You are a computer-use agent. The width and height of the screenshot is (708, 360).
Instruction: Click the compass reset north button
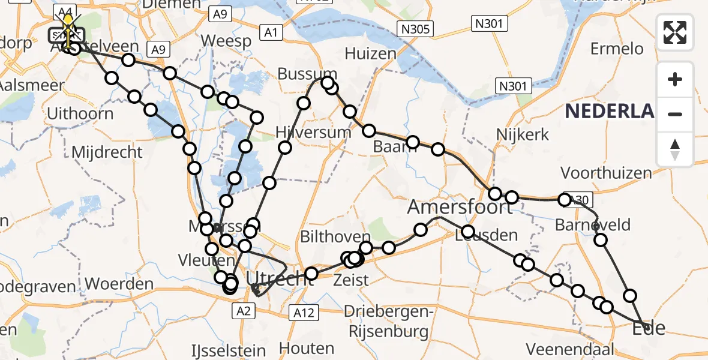pyautogui.click(x=675, y=149)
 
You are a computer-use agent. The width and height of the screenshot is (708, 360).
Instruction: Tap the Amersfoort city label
pyautogui.click(x=461, y=208)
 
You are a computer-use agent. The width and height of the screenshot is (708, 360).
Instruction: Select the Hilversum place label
pyautogui.click(x=313, y=132)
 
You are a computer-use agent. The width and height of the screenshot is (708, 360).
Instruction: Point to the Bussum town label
pyautogui.click(x=307, y=74)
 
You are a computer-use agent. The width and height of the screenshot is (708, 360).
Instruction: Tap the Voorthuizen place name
pyautogui.click(x=606, y=173)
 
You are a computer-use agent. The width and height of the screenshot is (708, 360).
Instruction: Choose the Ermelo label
pyautogui.click(x=617, y=49)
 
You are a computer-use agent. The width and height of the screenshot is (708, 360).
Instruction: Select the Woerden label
pyautogui.click(x=119, y=283)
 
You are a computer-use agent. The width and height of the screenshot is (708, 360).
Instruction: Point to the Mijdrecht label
pyautogui.click(x=107, y=152)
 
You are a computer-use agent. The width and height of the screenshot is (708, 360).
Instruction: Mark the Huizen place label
pyautogui.click(x=371, y=53)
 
